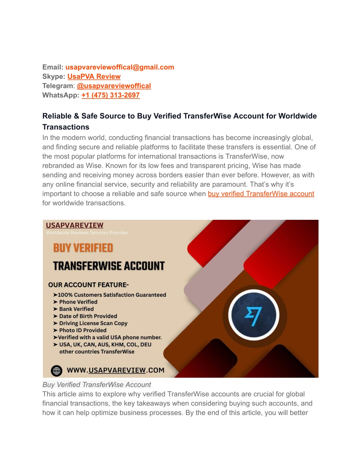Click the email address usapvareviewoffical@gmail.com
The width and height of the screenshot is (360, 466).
pos(120,67)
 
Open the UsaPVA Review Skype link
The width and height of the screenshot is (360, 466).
pos(94,77)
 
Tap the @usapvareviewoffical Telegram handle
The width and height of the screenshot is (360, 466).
pos(114,86)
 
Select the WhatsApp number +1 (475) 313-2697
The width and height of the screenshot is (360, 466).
pos(110,95)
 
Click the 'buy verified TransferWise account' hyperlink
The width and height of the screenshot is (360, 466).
pos(261,194)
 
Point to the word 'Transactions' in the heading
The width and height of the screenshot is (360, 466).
pos(66,127)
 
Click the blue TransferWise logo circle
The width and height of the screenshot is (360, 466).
pos(254,315)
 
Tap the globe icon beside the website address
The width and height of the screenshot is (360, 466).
pos(57,370)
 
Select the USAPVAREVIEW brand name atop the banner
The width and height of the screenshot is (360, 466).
pos(75,225)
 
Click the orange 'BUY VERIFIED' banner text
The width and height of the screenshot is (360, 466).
pos(83,248)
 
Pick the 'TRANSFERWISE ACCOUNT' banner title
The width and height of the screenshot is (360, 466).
pos(109,266)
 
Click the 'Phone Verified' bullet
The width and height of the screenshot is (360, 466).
pos(78,302)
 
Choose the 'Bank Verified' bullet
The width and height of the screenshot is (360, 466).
pos(76,309)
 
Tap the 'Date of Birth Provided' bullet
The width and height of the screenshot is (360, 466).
pos(88,316)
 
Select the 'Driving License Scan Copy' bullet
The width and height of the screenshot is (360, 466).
pos(93,323)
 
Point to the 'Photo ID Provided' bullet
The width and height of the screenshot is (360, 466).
pos(83,330)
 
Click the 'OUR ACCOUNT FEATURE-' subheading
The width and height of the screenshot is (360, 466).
pos(88,285)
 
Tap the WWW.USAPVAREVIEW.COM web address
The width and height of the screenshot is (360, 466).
pos(115,370)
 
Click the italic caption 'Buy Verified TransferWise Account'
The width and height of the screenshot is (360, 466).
pos(97,385)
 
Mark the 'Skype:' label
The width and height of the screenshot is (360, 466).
pos(53,77)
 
